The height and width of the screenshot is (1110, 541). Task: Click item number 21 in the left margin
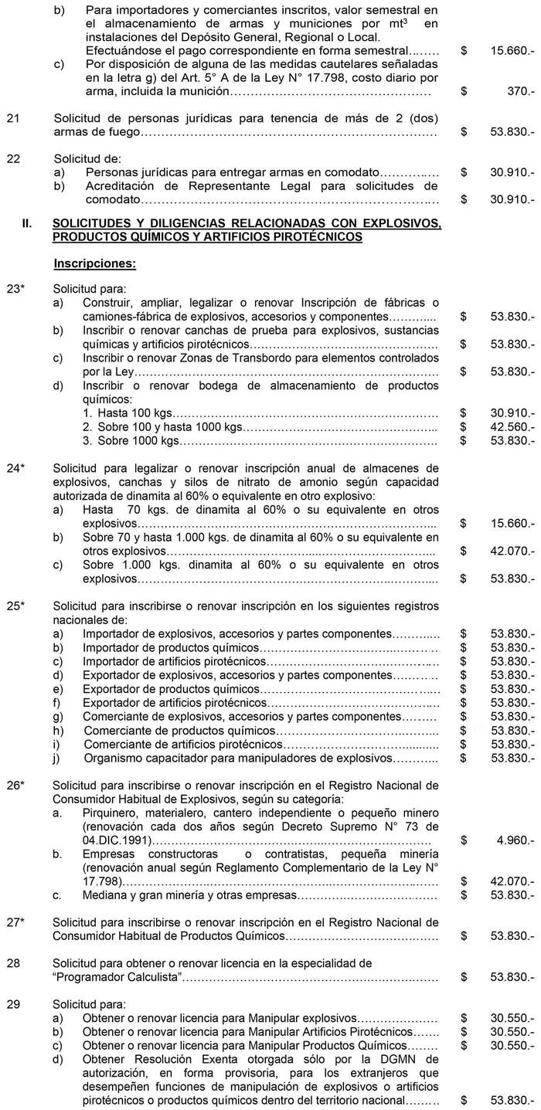point(13,118)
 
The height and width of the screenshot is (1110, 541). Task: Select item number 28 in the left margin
point(13,963)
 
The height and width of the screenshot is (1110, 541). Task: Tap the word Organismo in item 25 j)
point(111,757)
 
